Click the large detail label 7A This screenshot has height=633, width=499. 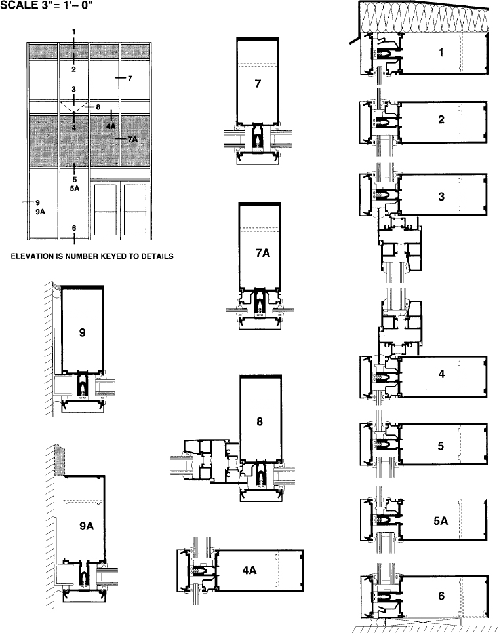(263, 253)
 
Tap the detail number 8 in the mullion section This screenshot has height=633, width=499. (260, 421)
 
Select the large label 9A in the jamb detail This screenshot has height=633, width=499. (87, 526)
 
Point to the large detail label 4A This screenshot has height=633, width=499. (249, 570)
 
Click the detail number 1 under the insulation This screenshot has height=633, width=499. (441, 52)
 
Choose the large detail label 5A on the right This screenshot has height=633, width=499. (441, 521)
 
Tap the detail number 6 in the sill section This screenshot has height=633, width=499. (441, 596)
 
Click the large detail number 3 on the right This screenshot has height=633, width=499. (441, 196)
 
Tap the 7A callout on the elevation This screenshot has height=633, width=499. (132, 140)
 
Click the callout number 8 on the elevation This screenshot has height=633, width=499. (98, 107)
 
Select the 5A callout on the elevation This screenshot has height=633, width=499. (75, 189)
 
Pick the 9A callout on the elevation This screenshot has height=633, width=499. (40, 212)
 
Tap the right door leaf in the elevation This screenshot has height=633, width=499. (135, 210)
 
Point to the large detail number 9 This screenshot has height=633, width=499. (83, 332)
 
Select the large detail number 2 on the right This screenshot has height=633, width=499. (441, 119)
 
